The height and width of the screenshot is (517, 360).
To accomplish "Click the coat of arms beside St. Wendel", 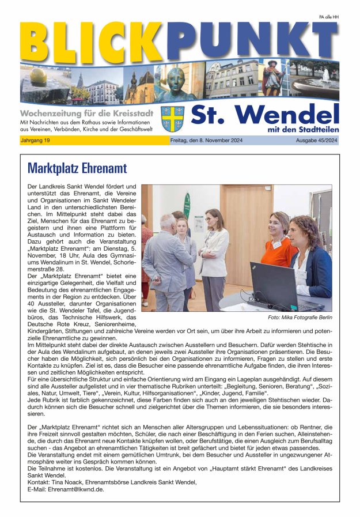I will tap(172, 118).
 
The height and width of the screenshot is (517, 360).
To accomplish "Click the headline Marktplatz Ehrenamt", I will tap(77, 168).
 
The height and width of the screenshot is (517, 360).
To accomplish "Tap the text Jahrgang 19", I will tap(36, 141).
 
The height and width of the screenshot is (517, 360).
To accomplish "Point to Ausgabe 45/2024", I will tap(316, 141).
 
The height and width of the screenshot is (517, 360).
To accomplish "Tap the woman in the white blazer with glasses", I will tap(214, 254).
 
